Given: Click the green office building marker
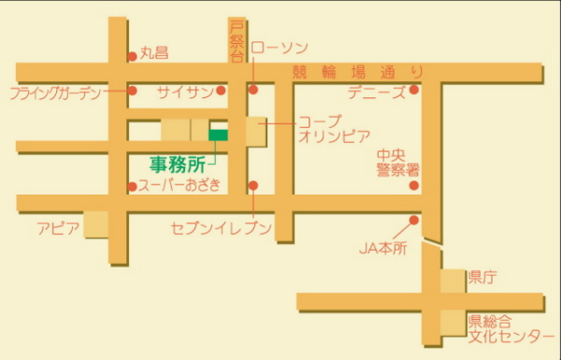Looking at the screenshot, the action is [x=218, y=136].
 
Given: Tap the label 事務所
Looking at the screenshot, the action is [x=177, y=163].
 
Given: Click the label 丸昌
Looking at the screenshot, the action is [x=154, y=53].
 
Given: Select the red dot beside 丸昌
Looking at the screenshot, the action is [x=132, y=54].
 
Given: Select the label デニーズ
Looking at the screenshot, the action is [x=376, y=92].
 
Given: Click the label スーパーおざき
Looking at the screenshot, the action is [x=180, y=185].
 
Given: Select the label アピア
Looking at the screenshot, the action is [x=58, y=228].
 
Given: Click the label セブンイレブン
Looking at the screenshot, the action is [x=222, y=228].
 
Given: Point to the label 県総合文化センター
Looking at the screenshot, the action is [x=505, y=327].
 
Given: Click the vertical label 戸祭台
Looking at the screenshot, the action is [x=237, y=40].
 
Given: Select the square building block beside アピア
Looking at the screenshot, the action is [x=96, y=224].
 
